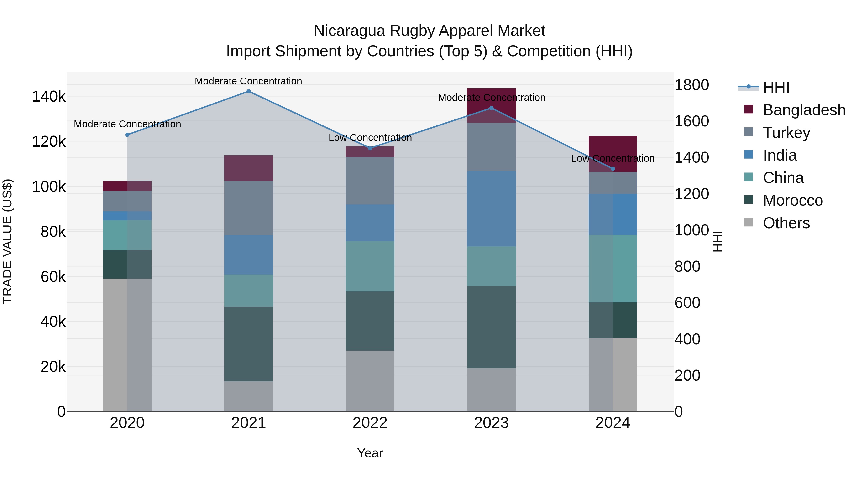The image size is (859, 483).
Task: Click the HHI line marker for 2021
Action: coord(248,91)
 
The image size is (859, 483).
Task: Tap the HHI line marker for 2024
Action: coord(613,169)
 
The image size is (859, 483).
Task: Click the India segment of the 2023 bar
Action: coord(491,209)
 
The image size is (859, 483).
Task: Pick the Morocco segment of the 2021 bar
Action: coord(248,344)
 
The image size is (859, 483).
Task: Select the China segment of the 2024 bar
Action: coord(613,269)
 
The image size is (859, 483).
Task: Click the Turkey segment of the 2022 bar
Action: coord(370,181)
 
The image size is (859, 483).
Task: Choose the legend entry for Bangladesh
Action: coord(804,110)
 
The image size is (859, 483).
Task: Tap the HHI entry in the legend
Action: coord(776,87)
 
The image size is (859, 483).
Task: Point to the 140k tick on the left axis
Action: coord(49,97)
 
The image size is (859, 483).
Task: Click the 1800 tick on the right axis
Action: coord(691,85)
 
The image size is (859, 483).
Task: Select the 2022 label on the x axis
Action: coord(370,423)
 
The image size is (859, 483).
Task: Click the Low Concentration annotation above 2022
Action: coord(370,138)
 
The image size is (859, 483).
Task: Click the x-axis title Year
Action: coord(370,453)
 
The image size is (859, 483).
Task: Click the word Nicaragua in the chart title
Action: coord(350,31)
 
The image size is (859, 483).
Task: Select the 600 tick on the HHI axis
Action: coord(687,303)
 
